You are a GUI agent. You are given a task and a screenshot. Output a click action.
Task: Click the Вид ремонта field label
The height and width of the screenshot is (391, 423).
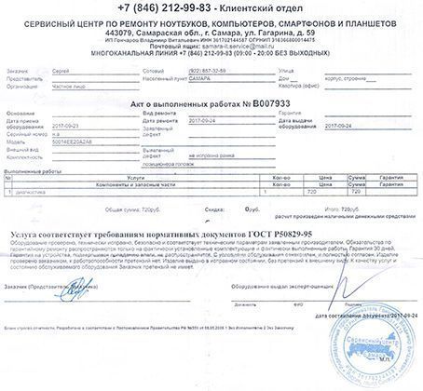pos(161,115)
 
